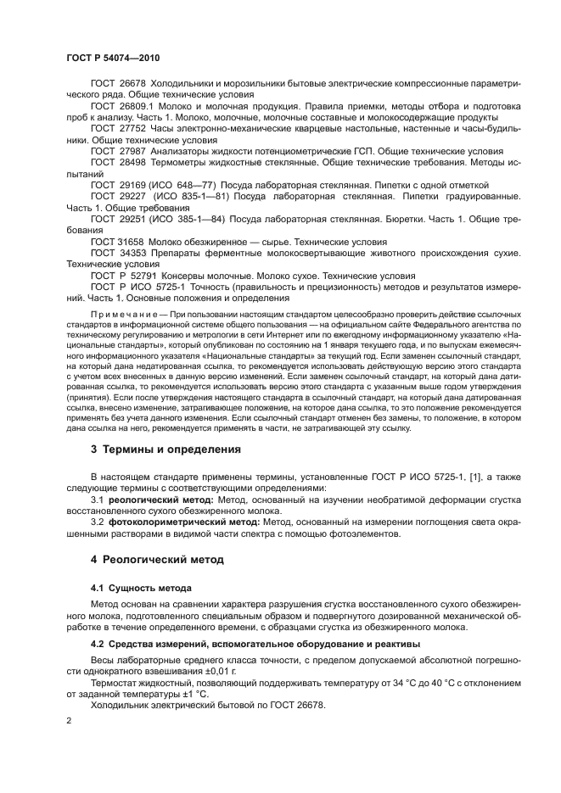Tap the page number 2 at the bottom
68,720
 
